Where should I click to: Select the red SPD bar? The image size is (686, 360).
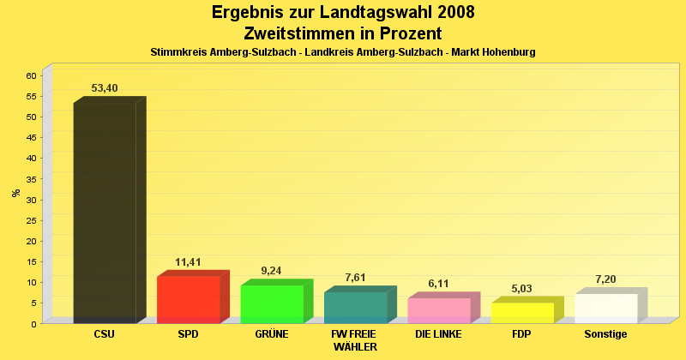tap(188, 299)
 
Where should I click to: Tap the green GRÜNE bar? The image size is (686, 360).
tap(271, 303)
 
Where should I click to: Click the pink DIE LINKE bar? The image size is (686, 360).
tap(438, 310)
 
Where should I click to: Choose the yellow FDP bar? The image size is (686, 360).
tap(522, 312)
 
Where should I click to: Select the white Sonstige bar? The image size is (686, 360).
tap(605, 308)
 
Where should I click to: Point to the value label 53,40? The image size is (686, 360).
tap(105, 88)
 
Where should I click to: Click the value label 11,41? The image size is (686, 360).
tap(188, 262)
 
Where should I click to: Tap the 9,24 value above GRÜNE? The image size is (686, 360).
tap(271, 271)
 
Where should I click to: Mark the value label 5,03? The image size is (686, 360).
tap(522, 289)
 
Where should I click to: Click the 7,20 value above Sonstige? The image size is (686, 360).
tap(605, 279)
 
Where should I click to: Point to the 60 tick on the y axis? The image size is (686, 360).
tap(30, 75)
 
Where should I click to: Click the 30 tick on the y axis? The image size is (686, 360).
tap(30, 200)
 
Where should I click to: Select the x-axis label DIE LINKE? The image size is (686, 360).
tap(438, 334)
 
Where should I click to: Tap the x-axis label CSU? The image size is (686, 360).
tap(105, 334)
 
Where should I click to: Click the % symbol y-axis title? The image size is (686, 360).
tap(16, 193)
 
